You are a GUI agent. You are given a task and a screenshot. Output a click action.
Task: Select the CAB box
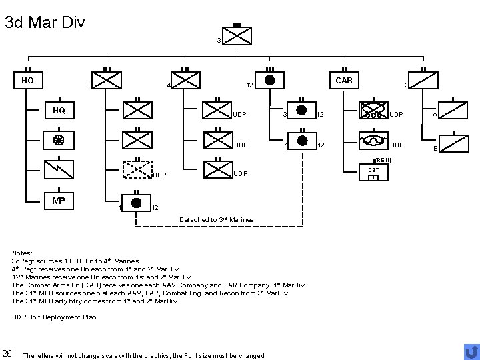point(344,81)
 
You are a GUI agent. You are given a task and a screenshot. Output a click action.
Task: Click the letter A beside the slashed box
point(435,115)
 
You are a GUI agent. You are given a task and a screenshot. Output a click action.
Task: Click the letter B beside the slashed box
point(437,149)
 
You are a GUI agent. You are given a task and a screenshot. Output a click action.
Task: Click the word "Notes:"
point(23,253)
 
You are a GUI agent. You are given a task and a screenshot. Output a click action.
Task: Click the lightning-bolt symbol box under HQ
point(59,170)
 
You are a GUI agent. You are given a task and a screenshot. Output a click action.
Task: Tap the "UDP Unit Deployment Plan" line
point(54,317)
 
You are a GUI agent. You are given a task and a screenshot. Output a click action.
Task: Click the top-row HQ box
point(28,81)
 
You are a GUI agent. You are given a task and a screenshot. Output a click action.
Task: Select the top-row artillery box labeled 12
point(269,80)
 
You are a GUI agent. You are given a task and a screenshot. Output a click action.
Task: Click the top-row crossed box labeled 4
point(187,81)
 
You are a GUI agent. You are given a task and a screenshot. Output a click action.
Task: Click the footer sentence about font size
point(143,355)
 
